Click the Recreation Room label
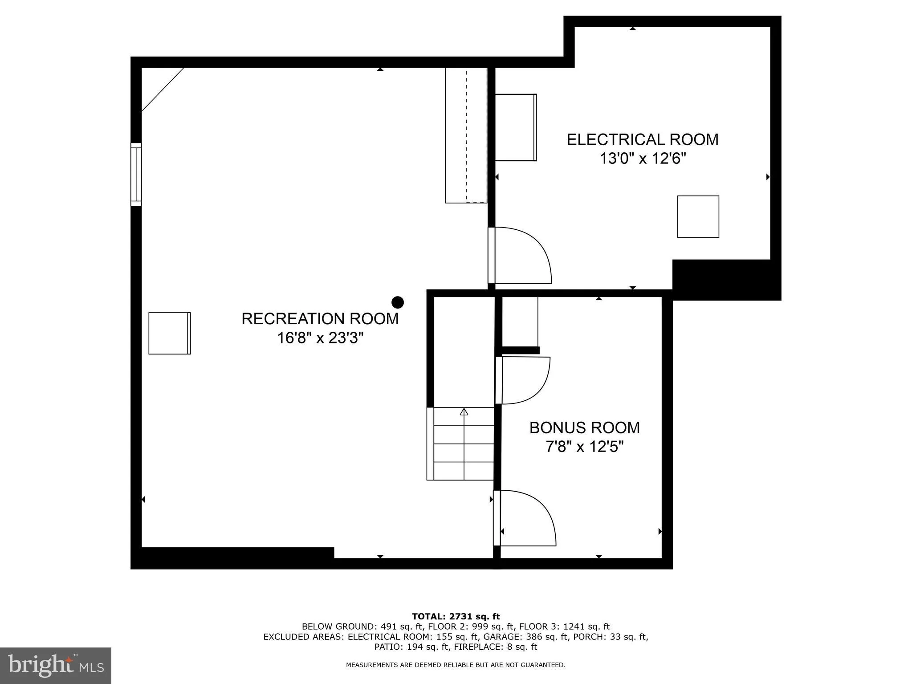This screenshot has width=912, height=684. pyautogui.click(x=320, y=319)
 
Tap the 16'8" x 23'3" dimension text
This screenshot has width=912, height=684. pyautogui.click(x=320, y=338)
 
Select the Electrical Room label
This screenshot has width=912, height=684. pyautogui.click(x=642, y=139)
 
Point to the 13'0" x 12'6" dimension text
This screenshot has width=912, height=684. pyautogui.click(x=642, y=159)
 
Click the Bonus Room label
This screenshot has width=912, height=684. pyautogui.click(x=584, y=427)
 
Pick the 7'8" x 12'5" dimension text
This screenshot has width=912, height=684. pyautogui.click(x=584, y=447)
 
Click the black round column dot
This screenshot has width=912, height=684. pyautogui.click(x=397, y=302)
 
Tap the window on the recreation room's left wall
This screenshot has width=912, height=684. pyautogui.click(x=136, y=174)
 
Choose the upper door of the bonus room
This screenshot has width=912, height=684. pyautogui.click(x=523, y=380)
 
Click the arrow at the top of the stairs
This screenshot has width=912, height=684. pyautogui.click(x=464, y=411)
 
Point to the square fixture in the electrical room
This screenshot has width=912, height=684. pyautogui.click(x=698, y=216)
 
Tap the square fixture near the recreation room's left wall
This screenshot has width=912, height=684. pyautogui.click(x=169, y=333)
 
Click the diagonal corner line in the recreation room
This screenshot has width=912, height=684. pyautogui.click(x=163, y=89)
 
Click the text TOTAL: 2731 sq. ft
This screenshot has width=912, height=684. pyautogui.click(x=456, y=616)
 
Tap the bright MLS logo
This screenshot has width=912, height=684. pyautogui.click(x=56, y=665)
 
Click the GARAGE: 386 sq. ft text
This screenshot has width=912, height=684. pyautogui.click(x=526, y=637)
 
